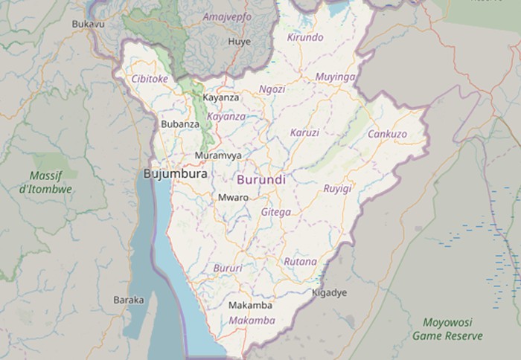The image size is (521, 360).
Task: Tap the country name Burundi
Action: click(x=260, y=180)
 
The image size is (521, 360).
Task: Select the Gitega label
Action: click(x=276, y=212)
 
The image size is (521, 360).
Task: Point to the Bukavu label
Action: click(x=87, y=25)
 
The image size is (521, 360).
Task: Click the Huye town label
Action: click(x=239, y=42)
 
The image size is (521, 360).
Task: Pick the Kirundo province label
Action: click(x=305, y=37)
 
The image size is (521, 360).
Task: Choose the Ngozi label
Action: click(x=272, y=89)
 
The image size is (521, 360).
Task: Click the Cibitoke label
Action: click(x=150, y=78)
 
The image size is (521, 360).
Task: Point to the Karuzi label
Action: click(x=304, y=132)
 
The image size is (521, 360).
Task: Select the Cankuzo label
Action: click(x=387, y=134)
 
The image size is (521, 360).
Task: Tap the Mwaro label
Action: click(x=233, y=198)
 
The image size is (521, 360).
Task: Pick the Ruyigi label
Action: click(x=337, y=189)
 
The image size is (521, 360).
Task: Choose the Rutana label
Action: click(x=300, y=262)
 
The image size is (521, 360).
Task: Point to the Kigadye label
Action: click(x=329, y=293)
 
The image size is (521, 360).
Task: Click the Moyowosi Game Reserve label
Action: click(x=447, y=330)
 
